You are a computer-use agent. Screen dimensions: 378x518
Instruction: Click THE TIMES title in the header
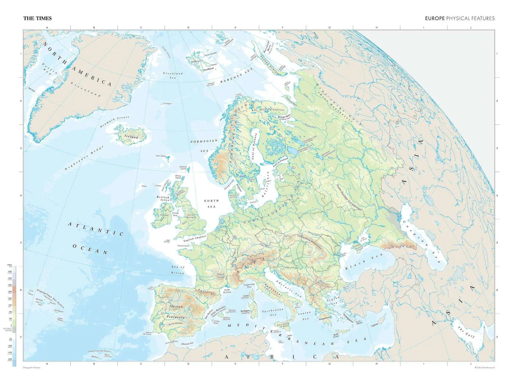37,18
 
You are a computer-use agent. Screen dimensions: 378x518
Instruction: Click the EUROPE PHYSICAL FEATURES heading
460,18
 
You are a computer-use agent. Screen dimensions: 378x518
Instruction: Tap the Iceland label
131,137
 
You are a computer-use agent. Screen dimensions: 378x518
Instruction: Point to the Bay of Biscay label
178,270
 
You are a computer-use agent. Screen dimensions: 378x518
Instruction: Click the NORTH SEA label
211,204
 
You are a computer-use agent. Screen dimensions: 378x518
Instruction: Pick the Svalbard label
208,69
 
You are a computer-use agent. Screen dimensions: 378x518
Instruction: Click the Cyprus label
375,325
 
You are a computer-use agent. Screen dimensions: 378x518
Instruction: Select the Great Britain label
191,216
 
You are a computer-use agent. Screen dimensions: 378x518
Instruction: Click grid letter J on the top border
471,28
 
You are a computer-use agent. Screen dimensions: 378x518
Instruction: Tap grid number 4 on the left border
21,196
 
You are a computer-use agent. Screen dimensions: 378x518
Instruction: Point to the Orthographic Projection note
31,368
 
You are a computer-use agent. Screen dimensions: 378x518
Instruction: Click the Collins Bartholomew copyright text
484,368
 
